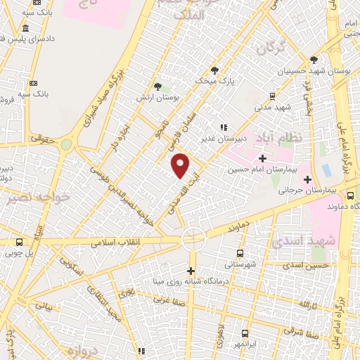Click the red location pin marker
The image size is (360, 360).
[x=181, y=165]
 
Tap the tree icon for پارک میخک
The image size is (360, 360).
[x=214, y=70]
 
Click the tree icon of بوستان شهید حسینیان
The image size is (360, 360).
[x=314, y=60]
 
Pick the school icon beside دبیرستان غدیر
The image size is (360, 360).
[x=223, y=127]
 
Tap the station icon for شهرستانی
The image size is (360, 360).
[x=241, y=253]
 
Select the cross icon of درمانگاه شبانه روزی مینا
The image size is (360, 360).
[x=191, y=271]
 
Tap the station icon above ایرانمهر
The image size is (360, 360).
[x=245, y=334]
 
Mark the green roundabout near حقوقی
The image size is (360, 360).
[x=67, y=144]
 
